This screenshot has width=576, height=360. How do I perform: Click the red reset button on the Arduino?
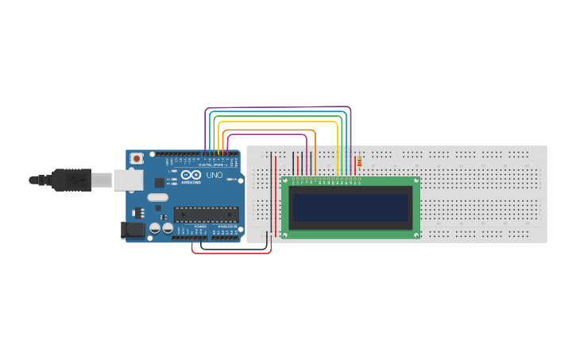tap(137, 159)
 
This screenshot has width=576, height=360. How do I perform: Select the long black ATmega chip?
tap(207, 214)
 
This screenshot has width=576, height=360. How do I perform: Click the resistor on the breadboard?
tap(361, 163)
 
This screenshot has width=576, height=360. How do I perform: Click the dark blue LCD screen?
tap(351, 207)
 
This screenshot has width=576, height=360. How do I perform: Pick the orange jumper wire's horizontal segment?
tap(270, 130)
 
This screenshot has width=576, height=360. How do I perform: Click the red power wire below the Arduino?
tap(230, 253)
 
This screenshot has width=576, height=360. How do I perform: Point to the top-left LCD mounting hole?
tap(287, 181)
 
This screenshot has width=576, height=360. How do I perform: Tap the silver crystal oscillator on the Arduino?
tap(157, 198)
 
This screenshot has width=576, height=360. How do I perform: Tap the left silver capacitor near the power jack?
tap(154, 229)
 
